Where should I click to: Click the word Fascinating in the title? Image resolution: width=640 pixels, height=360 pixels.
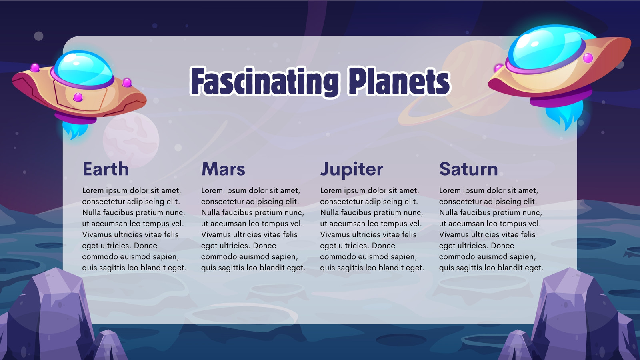click(265, 82)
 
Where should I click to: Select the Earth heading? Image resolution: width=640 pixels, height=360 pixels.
click(106, 169)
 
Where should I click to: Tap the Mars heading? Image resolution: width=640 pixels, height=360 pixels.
click(223, 169)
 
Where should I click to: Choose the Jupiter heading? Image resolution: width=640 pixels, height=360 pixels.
click(352, 170)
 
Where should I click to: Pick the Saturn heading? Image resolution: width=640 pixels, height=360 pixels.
click(468, 169)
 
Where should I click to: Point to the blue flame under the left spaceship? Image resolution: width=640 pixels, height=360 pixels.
click(75, 130)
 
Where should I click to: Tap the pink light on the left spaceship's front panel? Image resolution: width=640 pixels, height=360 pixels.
click(78, 97)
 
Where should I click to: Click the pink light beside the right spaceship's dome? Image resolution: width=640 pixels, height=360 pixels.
click(588, 58)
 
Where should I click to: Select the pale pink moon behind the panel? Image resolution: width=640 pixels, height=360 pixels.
click(131, 140)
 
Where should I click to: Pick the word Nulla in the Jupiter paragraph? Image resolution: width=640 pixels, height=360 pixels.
click(329, 212)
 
